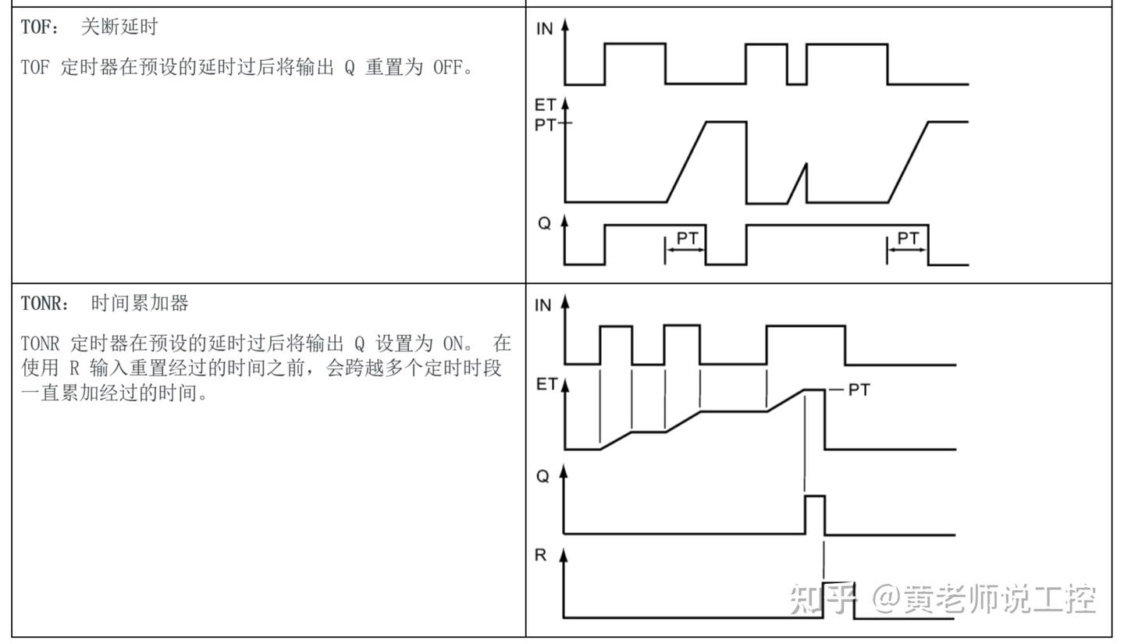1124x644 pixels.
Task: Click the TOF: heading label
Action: pyautogui.click(x=40, y=27)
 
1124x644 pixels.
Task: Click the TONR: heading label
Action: pyautogui.click(x=45, y=304)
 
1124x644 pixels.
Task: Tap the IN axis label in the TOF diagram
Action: pyautogui.click(x=545, y=29)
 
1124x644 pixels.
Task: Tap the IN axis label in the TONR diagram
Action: pyautogui.click(x=543, y=305)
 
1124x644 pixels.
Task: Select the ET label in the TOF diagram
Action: pyautogui.click(x=545, y=105)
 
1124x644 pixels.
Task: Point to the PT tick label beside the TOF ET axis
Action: pyautogui.click(x=546, y=124)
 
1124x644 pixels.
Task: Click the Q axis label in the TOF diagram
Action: pyautogui.click(x=545, y=223)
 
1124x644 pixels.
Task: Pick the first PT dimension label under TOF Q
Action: pyautogui.click(x=687, y=238)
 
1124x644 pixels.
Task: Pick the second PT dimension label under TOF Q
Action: pyautogui.click(x=908, y=238)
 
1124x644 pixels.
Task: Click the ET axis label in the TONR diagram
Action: pyautogui.click(x=546, y=384)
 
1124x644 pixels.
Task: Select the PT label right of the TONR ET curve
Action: pyautogui.click(x=859, y=390)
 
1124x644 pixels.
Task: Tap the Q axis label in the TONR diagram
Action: pyautogui.click(x=543, y=476)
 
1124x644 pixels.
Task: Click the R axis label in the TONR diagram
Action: pyautogui.click(x=540, y=555)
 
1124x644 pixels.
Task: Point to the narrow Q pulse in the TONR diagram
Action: pyautogui.click(x=815, y=496)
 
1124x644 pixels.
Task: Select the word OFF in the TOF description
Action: pyautogui.click(x=447, y=67)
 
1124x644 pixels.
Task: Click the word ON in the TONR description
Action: pyautogui.click(x=453, y=344)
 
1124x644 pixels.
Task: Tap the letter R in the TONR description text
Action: pyautogui.click(x=74, y=369)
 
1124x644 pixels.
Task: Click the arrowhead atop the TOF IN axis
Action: pyautogui.click(x=565, y=25)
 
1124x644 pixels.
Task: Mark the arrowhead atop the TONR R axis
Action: pyautogui.click(x=564, y=555)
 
